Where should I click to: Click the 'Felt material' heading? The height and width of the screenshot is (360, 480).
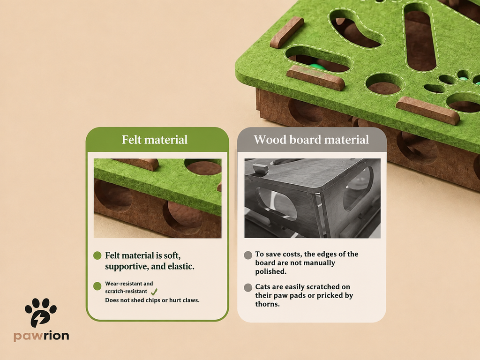(155, 140)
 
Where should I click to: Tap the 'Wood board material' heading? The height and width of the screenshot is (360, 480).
(311, 140)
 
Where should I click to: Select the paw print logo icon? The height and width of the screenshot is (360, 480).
(41, 312)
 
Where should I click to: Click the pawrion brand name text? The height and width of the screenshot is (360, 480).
(41, 336)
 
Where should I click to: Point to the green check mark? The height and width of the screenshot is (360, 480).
(154, 292)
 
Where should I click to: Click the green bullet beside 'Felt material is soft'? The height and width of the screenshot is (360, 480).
(97, 255)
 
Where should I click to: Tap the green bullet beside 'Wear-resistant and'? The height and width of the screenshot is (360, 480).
(97, 286)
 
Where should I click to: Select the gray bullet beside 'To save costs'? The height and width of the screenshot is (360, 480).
(248, 255)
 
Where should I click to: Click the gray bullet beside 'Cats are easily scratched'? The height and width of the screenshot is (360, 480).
(248, 287)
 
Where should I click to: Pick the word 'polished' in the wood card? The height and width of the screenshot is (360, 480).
(271, 272)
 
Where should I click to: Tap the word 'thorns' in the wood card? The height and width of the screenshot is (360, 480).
(268, 304)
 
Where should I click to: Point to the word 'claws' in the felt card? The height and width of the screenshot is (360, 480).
(191, 300)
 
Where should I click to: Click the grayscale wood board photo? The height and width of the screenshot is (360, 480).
(312, 198)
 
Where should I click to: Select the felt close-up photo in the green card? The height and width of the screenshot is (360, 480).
(157, 198)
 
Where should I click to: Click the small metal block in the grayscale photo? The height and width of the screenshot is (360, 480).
(261, 169)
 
